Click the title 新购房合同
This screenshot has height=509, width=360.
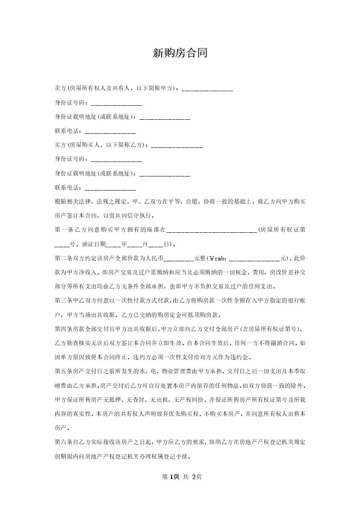click(180, 54)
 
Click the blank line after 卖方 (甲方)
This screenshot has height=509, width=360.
click(207, 89)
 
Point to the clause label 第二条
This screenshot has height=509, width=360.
click(63, 259)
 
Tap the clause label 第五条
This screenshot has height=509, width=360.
click(63, 371)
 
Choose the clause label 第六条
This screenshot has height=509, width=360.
click(63, 442)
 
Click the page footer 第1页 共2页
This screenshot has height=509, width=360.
click(180, 476)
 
